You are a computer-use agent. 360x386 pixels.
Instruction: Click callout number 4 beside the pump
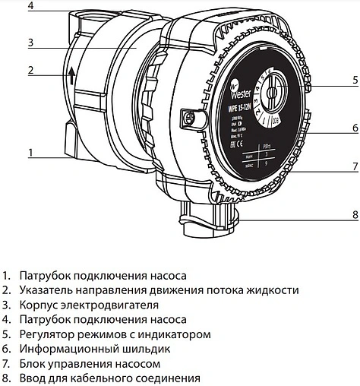(30, 6)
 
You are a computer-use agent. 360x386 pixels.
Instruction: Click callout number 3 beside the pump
(30, 41)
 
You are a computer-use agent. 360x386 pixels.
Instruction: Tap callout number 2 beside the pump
(30, 71)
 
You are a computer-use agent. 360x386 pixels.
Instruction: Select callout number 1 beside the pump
(30, 152)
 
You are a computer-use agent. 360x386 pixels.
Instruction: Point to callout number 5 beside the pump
(355, 79)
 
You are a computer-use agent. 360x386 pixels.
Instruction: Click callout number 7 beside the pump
(355, 165)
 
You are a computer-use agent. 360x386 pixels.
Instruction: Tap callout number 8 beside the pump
(355, 215)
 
